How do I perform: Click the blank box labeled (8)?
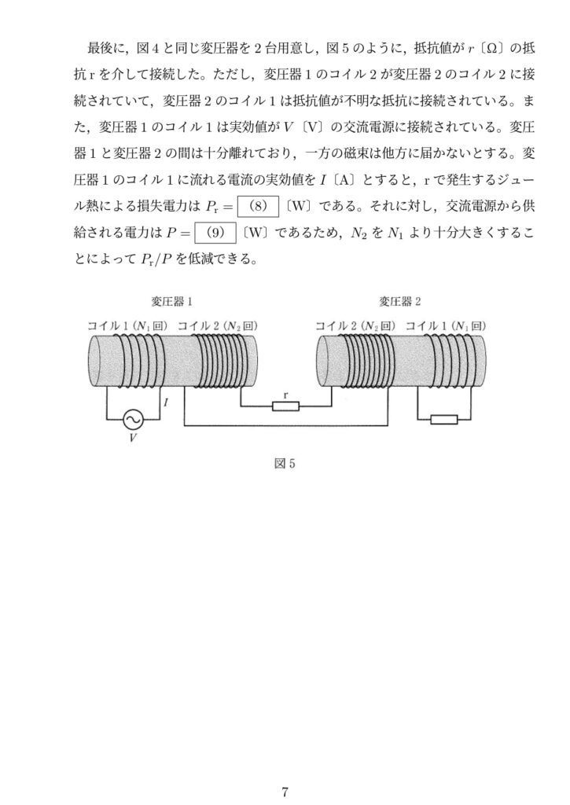[x=259, y=207]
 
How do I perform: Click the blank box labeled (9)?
[x=215, y=233]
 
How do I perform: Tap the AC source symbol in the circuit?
[x=134, y=419]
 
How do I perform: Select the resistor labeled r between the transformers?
[x=285, y=406]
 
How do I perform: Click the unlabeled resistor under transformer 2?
[x=443, y=420]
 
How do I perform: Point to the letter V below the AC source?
[x=133, y=438]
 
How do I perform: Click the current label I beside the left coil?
[x=165, y=403]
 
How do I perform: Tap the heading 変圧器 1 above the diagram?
[x=171, y=301]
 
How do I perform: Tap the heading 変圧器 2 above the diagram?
[x=400, y=301]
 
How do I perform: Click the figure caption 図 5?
[x=285, y=464]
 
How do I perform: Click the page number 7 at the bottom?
[x=285, y=791]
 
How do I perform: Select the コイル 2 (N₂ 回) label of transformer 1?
[x=217, y=325]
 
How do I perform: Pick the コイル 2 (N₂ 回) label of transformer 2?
[x=355, y=325]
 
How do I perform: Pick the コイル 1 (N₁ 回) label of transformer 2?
[x=446, y=325]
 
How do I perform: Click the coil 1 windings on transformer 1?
[x=138, y=360]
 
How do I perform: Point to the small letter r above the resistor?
[x=285, y=395]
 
